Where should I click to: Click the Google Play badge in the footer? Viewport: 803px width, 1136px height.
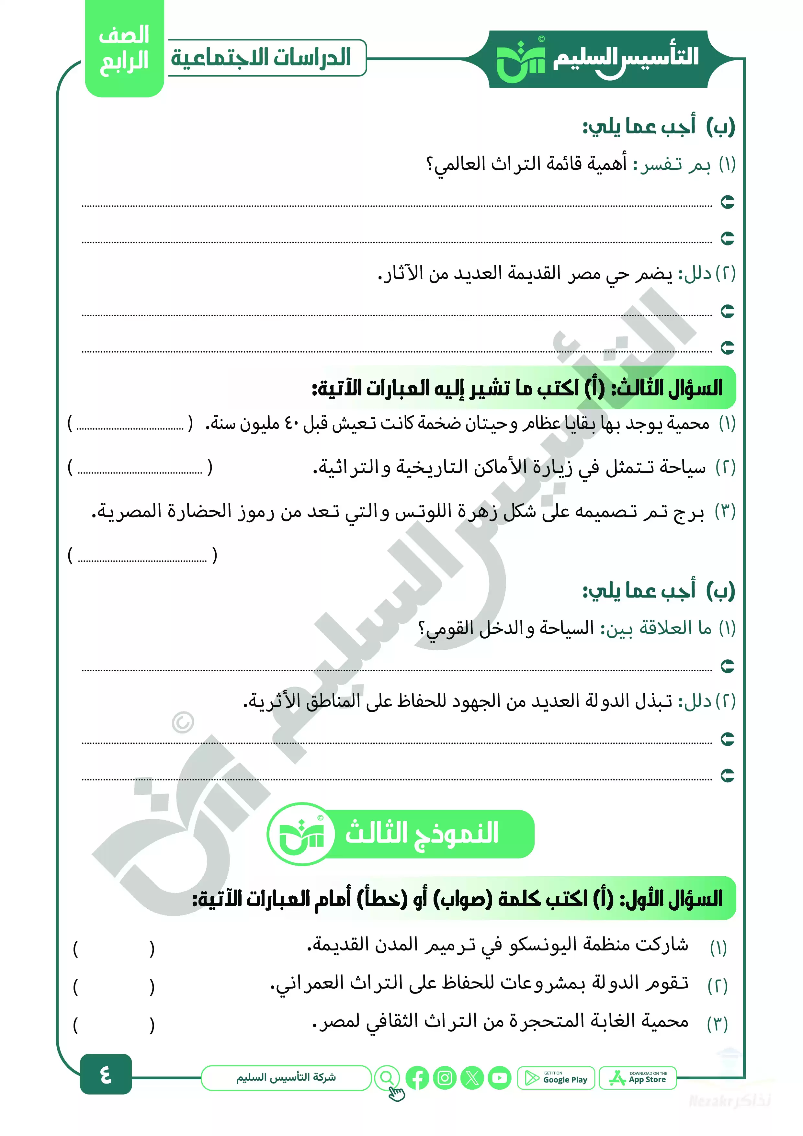556,1078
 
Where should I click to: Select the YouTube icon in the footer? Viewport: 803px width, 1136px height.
499,1078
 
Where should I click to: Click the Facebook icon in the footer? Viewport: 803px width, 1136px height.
418,1078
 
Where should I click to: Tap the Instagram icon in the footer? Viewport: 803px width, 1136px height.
445,1078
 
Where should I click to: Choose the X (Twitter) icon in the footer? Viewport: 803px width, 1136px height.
472,1078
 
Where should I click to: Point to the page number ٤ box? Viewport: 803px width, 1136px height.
106,1074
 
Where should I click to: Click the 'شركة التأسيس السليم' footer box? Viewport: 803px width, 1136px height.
286,1078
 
